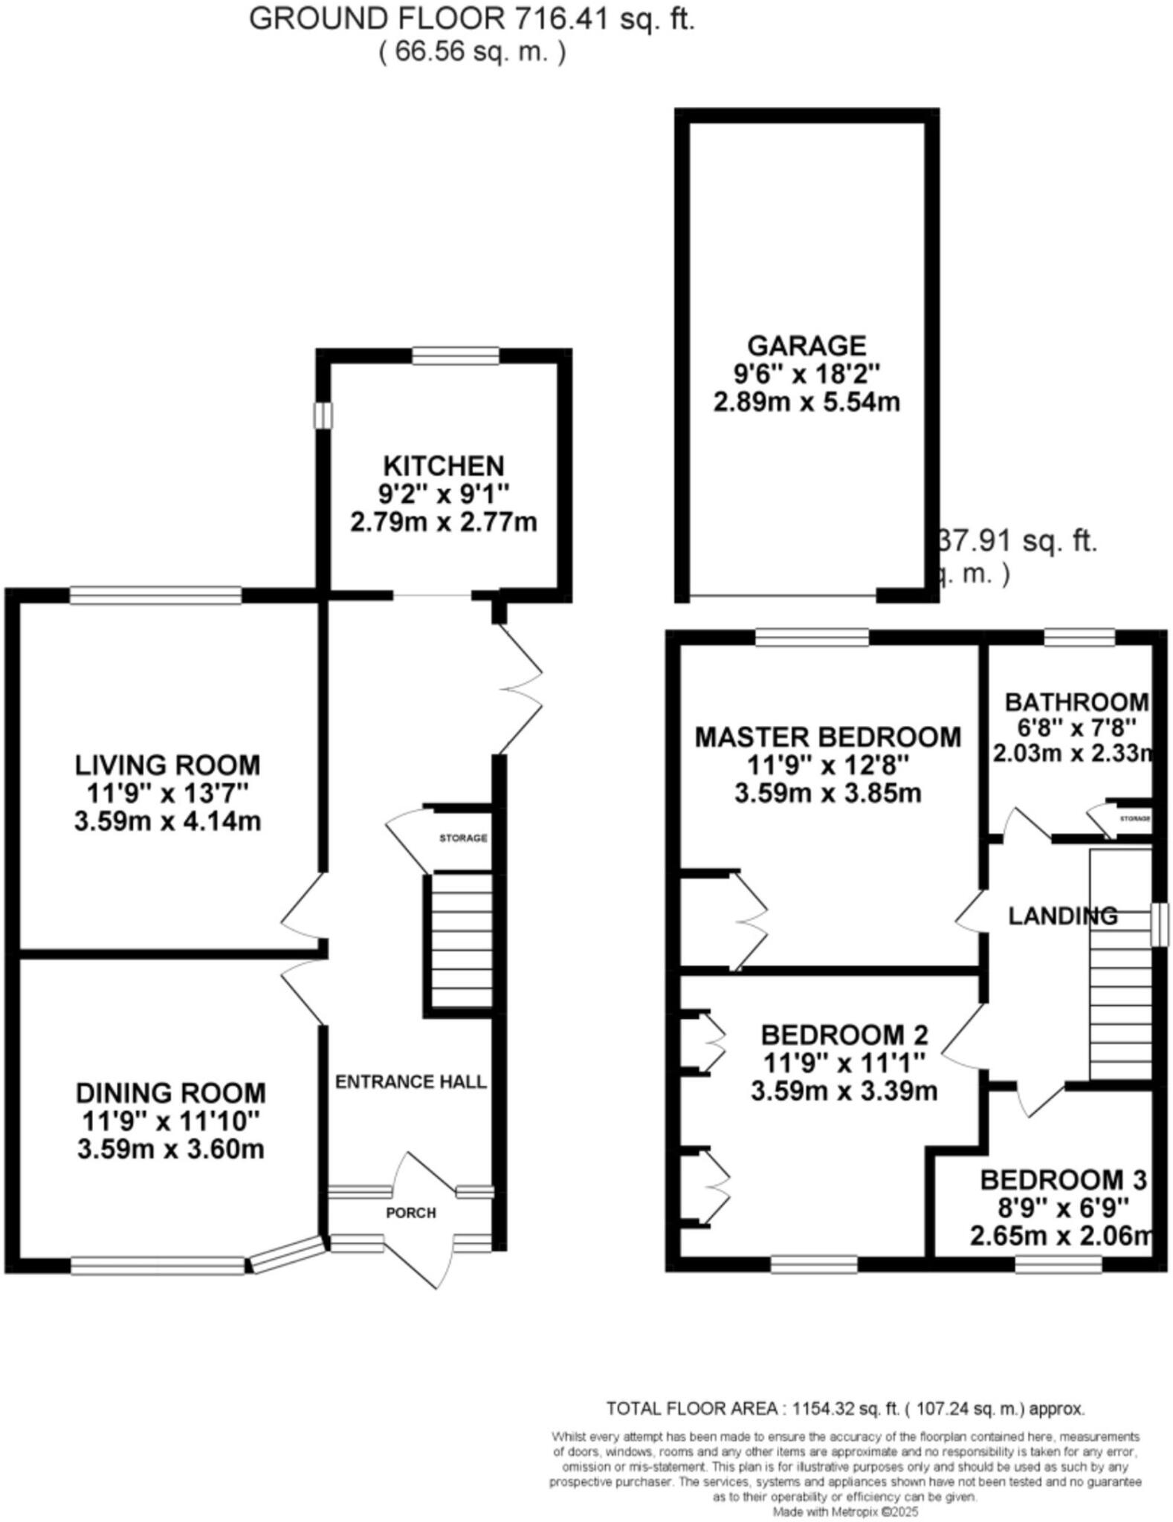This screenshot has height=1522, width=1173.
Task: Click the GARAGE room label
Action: (807, 346)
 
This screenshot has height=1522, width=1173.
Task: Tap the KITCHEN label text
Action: (444, 466)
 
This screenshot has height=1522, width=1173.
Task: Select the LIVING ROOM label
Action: (167, 765)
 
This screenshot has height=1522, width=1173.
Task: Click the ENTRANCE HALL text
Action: (410, 1081)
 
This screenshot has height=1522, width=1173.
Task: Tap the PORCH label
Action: (410, 1213)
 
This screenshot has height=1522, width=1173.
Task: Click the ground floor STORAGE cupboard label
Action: (462, 838)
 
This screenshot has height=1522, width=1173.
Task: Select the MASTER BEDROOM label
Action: (827, 736)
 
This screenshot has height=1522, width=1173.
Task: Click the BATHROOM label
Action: (1076, 702)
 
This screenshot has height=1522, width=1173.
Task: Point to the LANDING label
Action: (1062, 916)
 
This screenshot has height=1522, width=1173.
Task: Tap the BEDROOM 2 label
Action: (844, 1034)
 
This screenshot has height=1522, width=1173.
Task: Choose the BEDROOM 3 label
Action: (1063, 1179)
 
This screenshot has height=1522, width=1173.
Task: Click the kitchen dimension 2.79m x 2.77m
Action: (444, 522)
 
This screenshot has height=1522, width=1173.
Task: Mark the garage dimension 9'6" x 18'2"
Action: (807, 374)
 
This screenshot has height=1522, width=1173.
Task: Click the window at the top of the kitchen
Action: (456, 356)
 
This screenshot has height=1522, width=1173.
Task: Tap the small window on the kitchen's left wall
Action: (323, 415)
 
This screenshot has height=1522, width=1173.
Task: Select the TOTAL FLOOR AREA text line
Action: (845, 1408)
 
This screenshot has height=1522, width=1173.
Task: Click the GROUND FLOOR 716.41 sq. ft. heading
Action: (471, 19)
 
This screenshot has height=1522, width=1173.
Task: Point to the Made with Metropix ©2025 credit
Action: (845, 1512)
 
